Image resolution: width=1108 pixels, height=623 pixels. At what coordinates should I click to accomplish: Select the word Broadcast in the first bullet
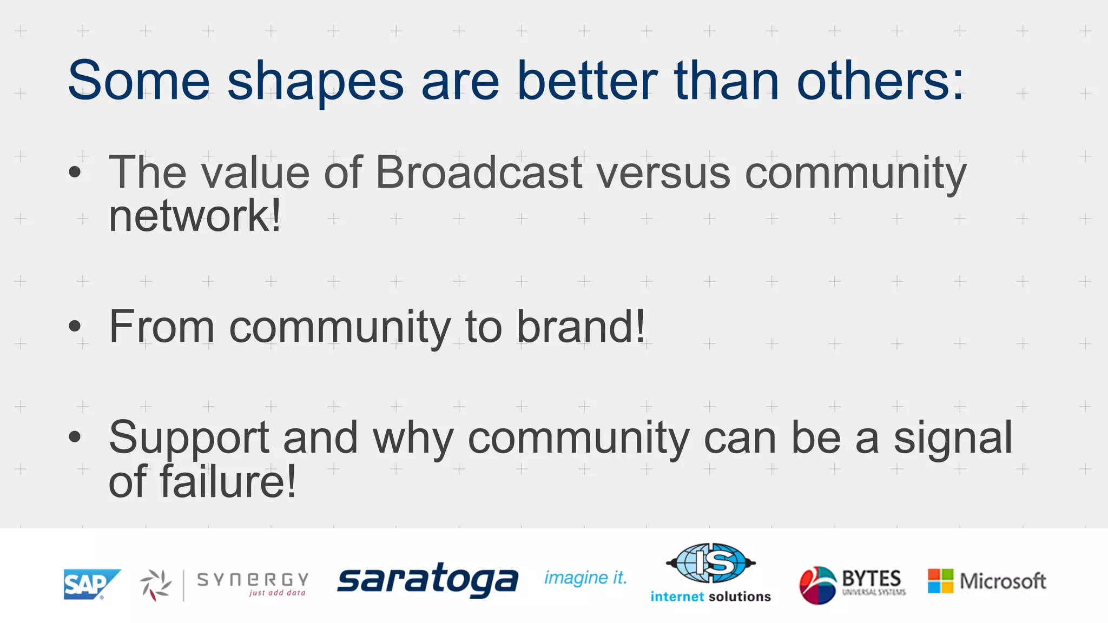[479, 173]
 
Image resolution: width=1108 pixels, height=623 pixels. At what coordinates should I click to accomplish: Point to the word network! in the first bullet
[195, 216]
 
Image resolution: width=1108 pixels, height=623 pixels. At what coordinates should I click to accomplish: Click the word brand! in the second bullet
[581, 327]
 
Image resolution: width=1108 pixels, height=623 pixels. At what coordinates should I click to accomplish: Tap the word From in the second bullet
[162, 327]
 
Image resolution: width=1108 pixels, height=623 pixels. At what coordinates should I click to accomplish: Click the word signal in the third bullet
[952, 438]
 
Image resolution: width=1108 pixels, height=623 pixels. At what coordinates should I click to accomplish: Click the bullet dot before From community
[75, 326]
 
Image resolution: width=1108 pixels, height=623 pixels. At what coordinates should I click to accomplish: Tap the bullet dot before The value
[75, 173]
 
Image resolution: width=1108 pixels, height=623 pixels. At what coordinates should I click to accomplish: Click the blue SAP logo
[89, 584]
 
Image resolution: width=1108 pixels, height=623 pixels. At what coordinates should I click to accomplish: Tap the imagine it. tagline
[585, 578]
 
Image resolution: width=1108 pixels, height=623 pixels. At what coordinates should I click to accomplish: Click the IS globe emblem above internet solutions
[711, 563]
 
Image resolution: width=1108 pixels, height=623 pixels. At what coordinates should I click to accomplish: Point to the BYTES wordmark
[871, 579]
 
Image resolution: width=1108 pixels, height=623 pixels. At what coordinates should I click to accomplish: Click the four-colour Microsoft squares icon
[940, 581]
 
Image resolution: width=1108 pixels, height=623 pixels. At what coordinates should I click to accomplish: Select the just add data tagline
[277, 593]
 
